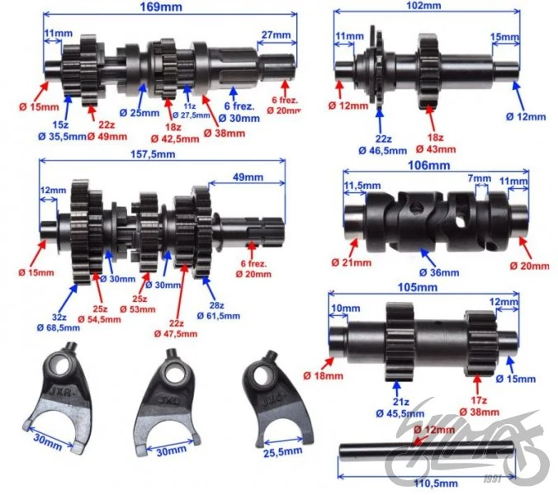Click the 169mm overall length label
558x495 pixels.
[161, 7]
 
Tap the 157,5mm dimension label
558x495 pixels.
[153, 154]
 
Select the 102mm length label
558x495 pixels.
[423, 5]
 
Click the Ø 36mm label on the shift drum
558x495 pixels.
[439, 273]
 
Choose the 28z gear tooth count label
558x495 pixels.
[216, 305]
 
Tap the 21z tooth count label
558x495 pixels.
[400, 403]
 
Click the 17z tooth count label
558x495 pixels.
[479, 400]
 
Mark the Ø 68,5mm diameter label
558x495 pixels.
[59, 328]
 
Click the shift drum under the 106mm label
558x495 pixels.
[436, 222]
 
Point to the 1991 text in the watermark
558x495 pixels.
[493, 478]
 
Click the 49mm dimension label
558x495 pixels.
[248, 177]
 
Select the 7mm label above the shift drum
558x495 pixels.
[479, 178]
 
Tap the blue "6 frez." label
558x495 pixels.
[239, 106]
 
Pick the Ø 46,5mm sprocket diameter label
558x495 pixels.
[383, 151]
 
